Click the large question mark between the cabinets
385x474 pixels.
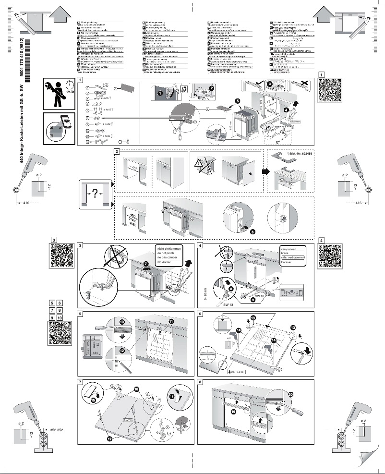point(95,194)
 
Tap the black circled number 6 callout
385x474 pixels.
point(253,231)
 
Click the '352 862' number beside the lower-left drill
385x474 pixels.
point(56,430)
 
